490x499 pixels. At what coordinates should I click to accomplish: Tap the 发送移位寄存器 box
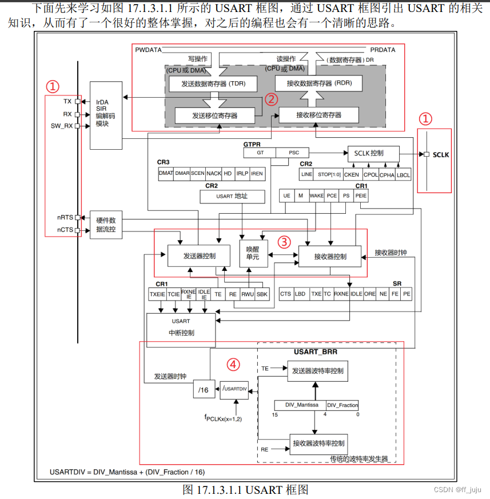pos(214,115)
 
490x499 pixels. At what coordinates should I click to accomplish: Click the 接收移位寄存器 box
pos(318,115)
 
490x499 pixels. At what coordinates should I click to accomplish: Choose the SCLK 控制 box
pos(373,153)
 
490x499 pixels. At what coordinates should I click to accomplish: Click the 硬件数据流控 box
pos(106,225)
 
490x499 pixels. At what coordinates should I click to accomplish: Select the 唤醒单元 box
pos(252,253)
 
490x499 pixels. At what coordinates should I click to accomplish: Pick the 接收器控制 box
pos(330,256)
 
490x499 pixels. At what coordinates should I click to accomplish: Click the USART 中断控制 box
pos(181,327)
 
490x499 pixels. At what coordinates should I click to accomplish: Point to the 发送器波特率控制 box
pos(317,371)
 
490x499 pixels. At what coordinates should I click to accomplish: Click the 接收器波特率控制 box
pos(318,444)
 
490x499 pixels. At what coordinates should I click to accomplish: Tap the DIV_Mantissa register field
pos(301,405)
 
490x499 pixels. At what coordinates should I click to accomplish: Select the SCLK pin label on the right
pos(441,155)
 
